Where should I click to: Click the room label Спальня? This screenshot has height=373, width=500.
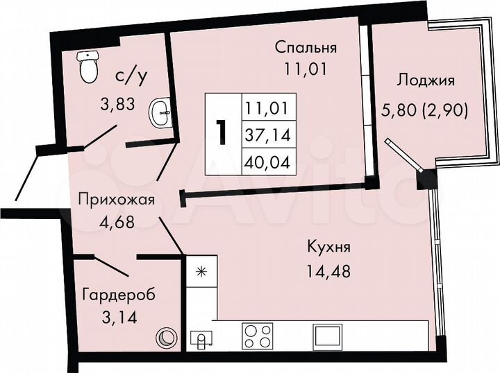coord(306,48)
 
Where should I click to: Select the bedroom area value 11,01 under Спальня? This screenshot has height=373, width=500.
coord(306,69)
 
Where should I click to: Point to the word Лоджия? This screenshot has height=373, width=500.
coord(426,80)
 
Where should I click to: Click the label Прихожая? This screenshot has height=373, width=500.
coord(116,202)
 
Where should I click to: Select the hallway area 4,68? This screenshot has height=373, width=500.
coord(116,223)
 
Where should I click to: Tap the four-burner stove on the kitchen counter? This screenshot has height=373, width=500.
coord(258,336)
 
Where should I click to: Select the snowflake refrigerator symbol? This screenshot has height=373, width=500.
coord(202,272)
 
